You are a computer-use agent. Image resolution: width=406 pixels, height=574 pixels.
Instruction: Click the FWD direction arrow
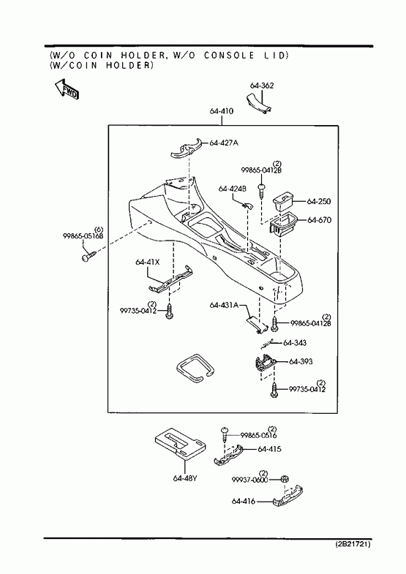coord(67,89)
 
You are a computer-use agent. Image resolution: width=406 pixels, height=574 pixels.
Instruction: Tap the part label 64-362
coord(262,86)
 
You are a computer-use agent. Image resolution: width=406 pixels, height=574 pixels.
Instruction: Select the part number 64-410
coord(222,111)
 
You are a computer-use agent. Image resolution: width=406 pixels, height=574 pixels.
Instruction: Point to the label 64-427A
coord(224,143)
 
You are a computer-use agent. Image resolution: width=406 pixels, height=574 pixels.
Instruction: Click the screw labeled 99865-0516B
coord(89,255)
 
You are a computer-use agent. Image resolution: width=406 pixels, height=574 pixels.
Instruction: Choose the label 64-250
coord(318,201)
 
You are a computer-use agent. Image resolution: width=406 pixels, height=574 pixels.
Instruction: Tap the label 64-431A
coord(224,305)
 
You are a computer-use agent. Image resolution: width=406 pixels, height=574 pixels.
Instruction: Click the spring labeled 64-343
coord(267,344)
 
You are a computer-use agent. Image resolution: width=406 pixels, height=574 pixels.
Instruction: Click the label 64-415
coord(269,449)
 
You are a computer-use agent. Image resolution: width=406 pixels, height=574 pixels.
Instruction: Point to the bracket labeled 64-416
coord(289,496)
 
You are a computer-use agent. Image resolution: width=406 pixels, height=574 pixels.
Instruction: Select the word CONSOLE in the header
coord(229,56)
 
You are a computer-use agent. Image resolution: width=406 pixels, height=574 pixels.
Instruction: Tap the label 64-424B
coord(233,189)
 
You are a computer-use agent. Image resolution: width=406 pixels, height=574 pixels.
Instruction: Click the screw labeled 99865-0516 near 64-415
coord(225,433)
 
